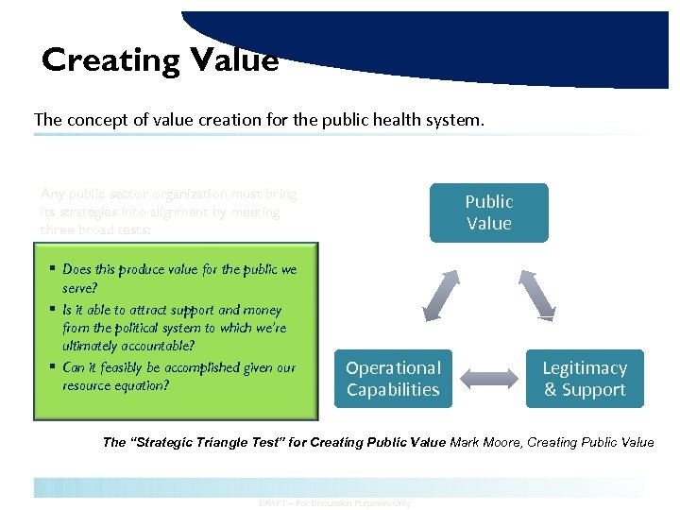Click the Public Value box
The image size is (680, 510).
[488, 212]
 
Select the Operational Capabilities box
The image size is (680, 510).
[393, 379]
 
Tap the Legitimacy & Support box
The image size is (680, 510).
[585, 379]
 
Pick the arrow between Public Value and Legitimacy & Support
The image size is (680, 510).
[537, 294]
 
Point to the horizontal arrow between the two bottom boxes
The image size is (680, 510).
[488, 380]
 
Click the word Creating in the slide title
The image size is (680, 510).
[110, 59]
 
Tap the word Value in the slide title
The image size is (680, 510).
[234, 59]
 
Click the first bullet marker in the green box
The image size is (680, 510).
[53, 269]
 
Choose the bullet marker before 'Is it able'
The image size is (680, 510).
[53, 309]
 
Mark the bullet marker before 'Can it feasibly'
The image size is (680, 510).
[53, 367]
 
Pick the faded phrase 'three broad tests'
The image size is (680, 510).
[93, 229]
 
